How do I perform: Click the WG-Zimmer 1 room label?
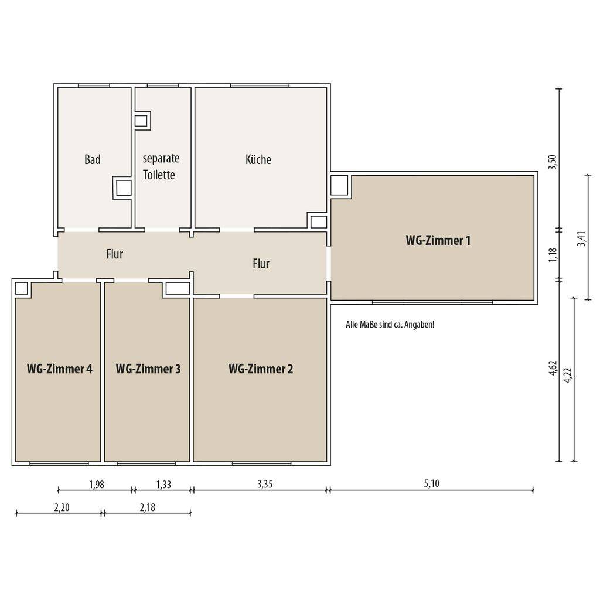click(x=438, y=240)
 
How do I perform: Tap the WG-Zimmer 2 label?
click(x=261, y=369)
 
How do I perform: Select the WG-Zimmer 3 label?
click(x=148, y=369)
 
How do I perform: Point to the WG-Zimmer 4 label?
click(x=59, y=369)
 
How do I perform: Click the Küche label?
click(x=258, y=159)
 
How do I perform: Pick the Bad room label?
click(x=93, y=159)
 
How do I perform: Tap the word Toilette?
click(x=159, y=175)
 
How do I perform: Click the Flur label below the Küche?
click(x=261, y=264)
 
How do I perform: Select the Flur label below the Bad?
click(x=115, y=254)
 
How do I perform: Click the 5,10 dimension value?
click(x=432, y=483)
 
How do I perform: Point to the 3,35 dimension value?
click(x=265, y=484)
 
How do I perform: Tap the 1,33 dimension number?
click(x=163, y=485)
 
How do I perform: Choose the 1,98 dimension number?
click(x=97, y=485)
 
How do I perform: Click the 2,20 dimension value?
click(x=62, y=507)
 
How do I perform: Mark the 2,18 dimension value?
click(x=148, y=507)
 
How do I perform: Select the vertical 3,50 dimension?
click(x=553, y=162)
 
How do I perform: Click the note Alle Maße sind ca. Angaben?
click(x=390, y=325)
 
